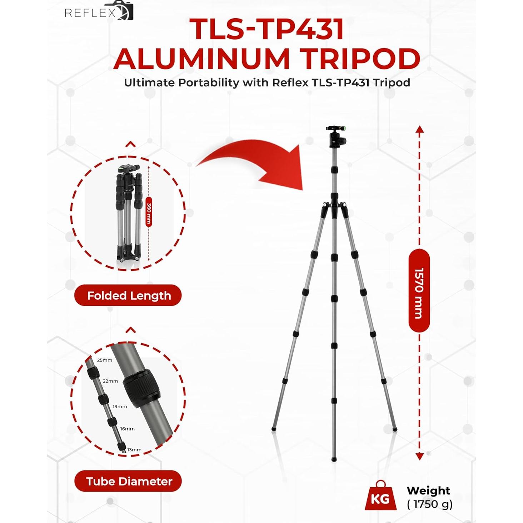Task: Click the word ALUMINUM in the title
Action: point(201,59)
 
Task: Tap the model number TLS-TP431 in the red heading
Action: point(266,29)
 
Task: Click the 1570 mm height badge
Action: point(419,291)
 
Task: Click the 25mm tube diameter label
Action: point(105,360)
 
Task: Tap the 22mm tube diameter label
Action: point(110,381)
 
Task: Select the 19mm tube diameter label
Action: point(120,407)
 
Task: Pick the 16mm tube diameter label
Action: point(127,429)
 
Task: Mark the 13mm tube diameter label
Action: point(134,450)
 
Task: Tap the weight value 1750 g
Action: point(430,504)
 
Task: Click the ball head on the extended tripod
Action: point(336,138)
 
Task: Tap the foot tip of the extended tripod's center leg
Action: point(334,459)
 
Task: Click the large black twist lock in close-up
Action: point(142,388)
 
